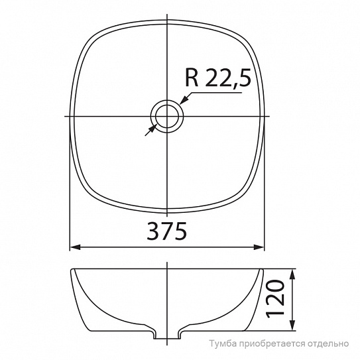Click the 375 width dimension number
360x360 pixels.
tap(166, 231)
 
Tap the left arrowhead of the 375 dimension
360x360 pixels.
tap(75, 247)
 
